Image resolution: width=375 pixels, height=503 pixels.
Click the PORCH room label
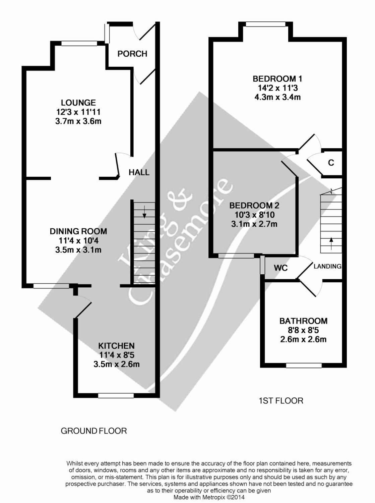[132, 54]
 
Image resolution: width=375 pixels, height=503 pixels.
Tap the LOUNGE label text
[78, 103]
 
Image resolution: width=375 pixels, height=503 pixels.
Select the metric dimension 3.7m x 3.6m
[78, 121]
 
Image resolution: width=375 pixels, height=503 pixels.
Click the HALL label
[139, 172]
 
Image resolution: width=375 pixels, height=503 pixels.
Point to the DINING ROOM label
[78, 231]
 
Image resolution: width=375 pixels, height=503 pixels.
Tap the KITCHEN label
[116, 346]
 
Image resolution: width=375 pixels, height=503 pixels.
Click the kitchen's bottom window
[116, 396]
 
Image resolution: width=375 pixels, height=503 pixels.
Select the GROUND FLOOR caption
[94, 431]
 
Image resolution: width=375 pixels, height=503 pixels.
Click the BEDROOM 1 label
[277, 79]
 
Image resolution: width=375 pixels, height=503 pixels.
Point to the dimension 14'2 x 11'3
[277, 88]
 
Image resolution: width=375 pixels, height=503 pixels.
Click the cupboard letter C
[331, 163]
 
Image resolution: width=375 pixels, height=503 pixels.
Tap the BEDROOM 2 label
[254, 205]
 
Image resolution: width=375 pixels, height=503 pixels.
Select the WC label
[280, 268]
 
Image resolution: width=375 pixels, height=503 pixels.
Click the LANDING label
[327, 266]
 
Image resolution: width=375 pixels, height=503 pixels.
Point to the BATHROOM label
[303, 321]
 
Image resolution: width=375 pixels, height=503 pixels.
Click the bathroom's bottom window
[304, 366]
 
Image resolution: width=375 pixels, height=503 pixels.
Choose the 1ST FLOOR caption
[281, 400]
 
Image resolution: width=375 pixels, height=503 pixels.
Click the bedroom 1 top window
[265, 24]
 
